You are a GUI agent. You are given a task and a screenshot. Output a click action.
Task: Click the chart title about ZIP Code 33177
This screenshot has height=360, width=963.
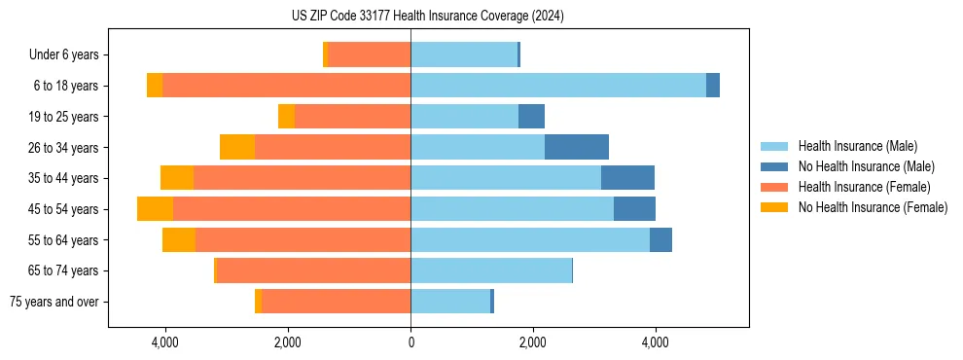point(428,16)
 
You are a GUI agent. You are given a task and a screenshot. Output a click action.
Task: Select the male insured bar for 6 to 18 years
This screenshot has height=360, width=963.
point(558,86)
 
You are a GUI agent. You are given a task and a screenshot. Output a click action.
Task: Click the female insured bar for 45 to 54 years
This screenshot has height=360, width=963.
point(292,209)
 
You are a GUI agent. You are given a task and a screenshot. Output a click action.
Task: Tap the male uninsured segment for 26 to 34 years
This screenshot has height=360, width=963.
point(577,147)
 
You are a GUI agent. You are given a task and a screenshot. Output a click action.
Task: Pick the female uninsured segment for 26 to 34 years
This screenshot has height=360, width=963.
point(237,147)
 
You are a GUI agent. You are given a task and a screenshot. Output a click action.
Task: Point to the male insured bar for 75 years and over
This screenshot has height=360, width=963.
point(450,302)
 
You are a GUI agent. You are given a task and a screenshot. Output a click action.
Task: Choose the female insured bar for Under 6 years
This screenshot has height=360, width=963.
point(370,54)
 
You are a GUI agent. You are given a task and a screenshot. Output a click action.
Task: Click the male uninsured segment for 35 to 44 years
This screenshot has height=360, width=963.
point(627,178)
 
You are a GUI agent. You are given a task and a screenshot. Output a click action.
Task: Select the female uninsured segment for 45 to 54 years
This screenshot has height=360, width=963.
point(155,209)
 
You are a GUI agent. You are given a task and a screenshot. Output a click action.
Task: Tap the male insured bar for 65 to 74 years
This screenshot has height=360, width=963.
point(491,270)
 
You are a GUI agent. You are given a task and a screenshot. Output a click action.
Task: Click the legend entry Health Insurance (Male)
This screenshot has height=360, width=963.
point(857,146)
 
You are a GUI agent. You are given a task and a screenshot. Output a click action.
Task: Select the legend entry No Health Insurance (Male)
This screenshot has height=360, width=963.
point(866,166)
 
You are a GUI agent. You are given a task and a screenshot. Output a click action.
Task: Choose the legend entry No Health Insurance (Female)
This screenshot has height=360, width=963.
point(873,207)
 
